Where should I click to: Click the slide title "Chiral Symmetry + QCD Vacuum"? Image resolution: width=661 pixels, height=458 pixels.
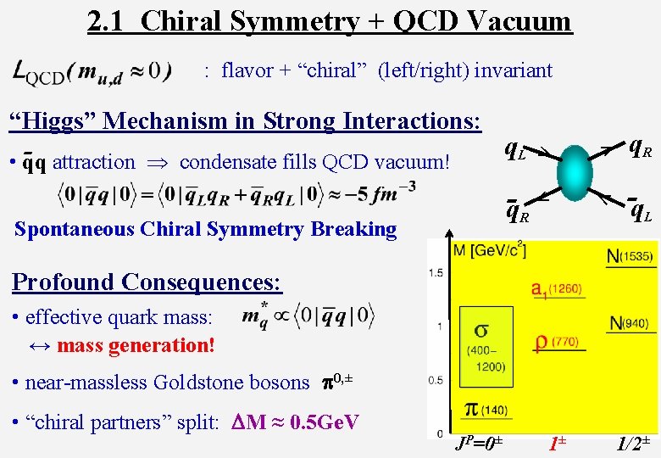(356, 20)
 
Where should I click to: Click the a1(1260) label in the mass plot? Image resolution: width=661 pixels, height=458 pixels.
(557, 290)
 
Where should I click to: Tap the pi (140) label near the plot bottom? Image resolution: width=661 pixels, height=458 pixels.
(484, 410)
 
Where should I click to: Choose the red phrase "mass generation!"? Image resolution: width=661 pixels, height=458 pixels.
(136, 345)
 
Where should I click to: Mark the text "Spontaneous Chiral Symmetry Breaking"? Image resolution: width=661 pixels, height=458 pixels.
(206, 229)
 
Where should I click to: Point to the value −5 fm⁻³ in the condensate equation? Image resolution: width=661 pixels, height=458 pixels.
(378, 194)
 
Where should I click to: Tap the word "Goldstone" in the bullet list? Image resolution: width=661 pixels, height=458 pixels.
(194, 383)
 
